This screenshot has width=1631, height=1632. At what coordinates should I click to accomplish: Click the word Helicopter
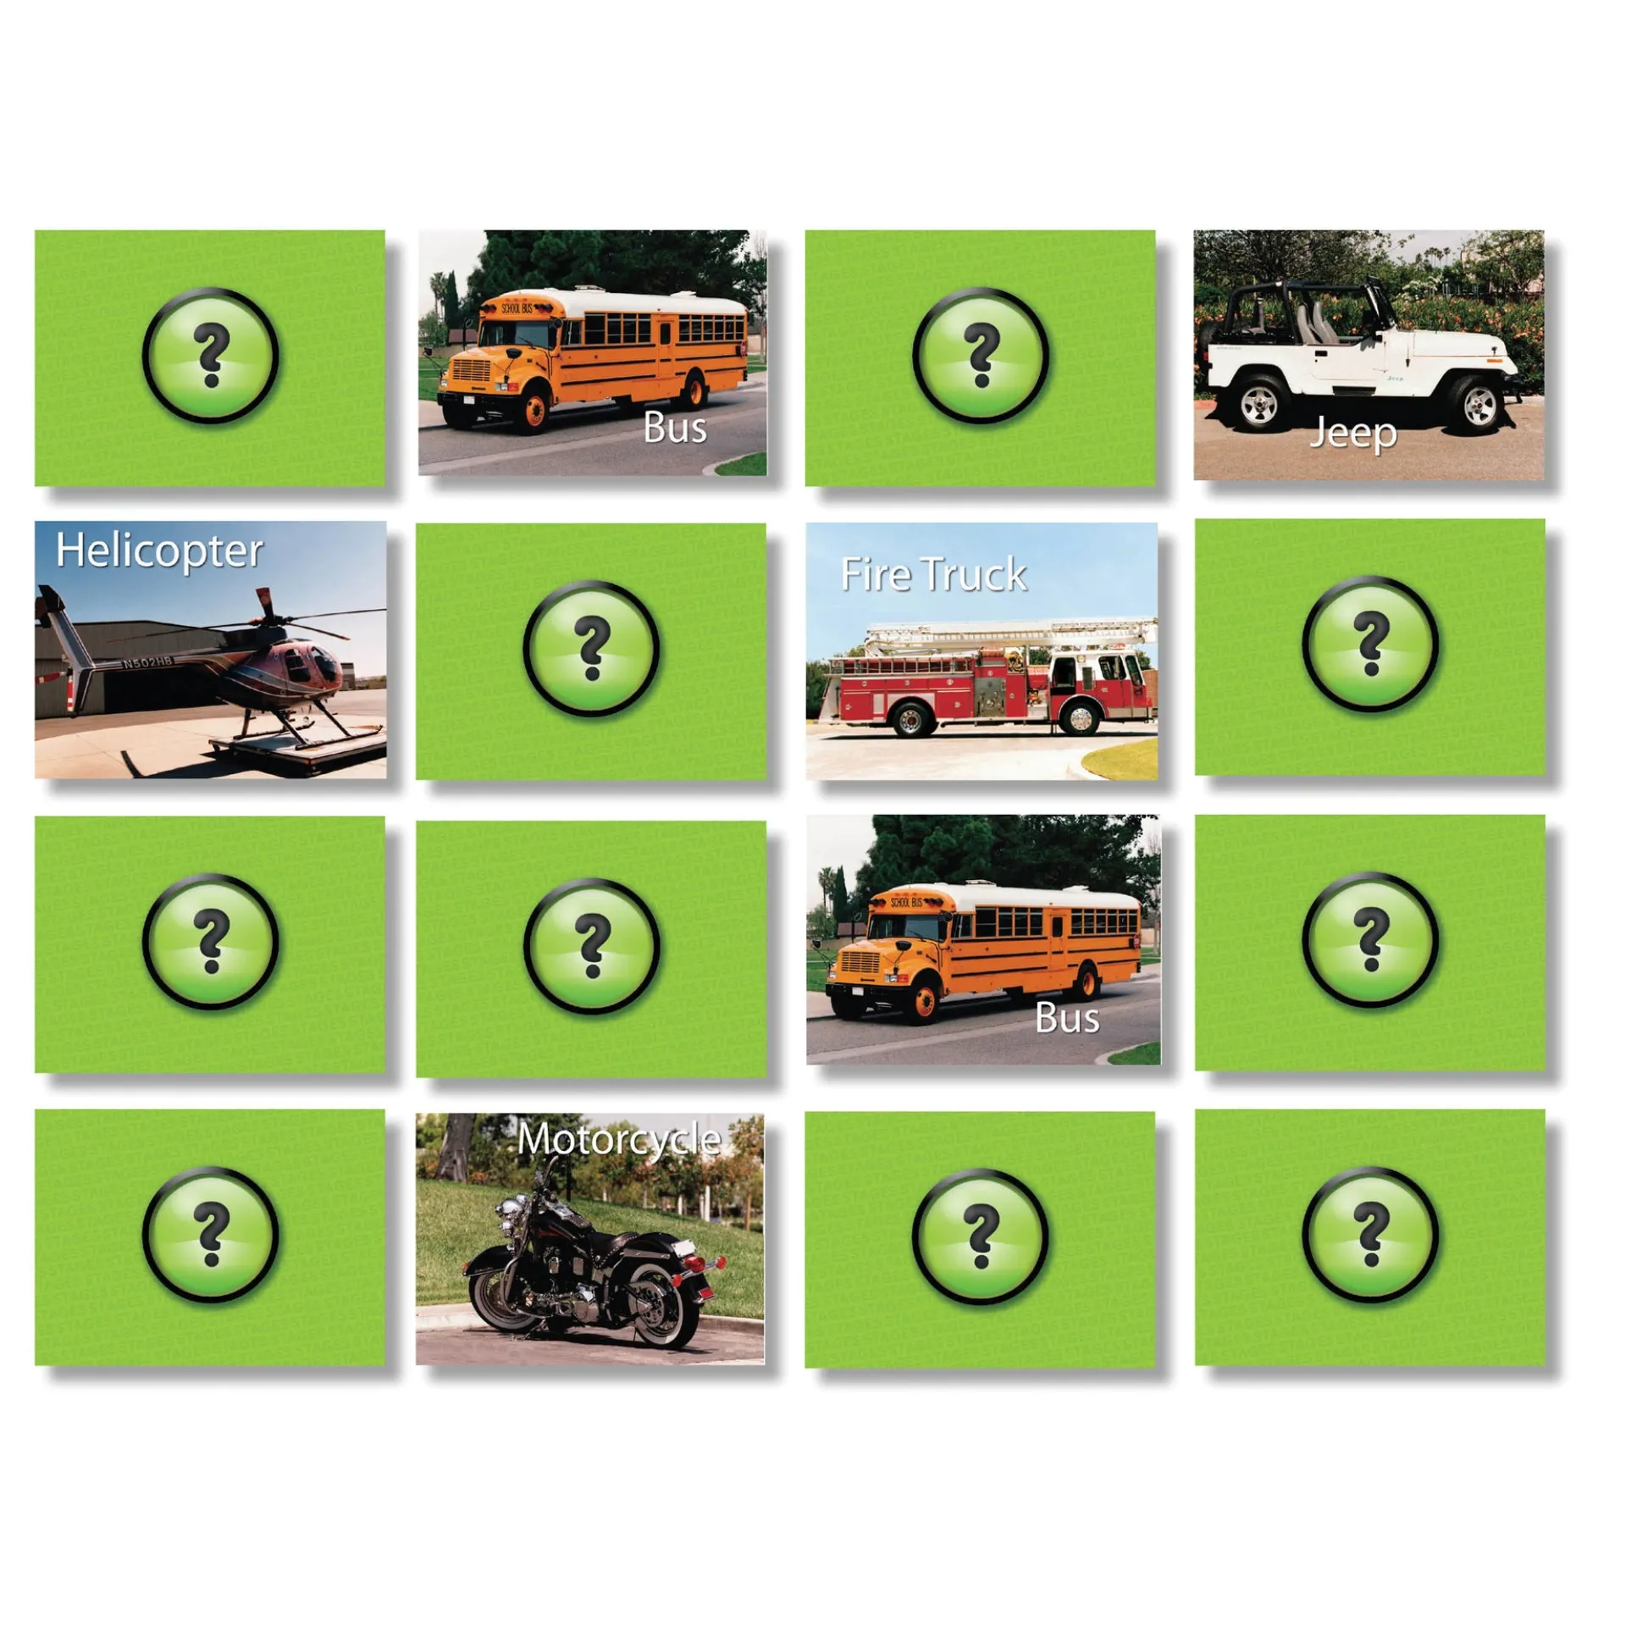pos(159,551)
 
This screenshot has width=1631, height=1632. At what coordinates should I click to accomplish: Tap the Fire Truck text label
pos(933,574)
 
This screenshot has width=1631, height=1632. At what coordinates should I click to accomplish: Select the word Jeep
pos(1352,434)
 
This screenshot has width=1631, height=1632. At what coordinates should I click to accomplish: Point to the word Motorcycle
pos(619,1139)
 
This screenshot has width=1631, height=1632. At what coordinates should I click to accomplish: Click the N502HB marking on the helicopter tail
pos(147,661)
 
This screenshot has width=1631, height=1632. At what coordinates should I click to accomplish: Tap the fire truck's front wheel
pos(1080,718)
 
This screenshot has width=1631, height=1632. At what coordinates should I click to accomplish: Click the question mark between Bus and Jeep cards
pos(981,356)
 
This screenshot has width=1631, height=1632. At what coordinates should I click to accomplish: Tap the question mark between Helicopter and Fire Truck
pos(591,649)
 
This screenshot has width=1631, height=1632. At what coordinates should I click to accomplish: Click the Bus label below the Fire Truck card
pos(1067,1018)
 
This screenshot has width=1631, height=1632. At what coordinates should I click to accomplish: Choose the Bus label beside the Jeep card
pos(675,428)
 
